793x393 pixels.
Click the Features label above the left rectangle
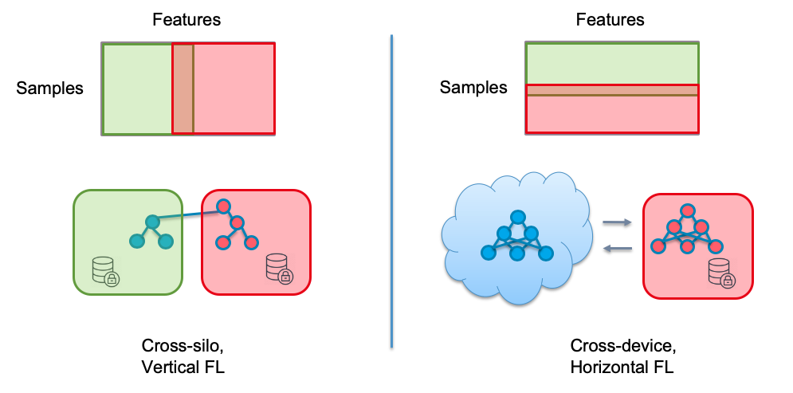186,19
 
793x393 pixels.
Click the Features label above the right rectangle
610,19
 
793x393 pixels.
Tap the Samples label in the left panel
49,88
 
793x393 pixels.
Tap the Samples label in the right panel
473,88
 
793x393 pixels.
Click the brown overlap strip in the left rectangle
183,88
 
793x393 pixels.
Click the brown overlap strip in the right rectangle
611,90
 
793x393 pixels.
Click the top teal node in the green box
152,221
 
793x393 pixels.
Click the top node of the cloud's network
517,216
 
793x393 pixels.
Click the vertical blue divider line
392,191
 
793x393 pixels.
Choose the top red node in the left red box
224,206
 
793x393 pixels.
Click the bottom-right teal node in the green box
166,242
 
